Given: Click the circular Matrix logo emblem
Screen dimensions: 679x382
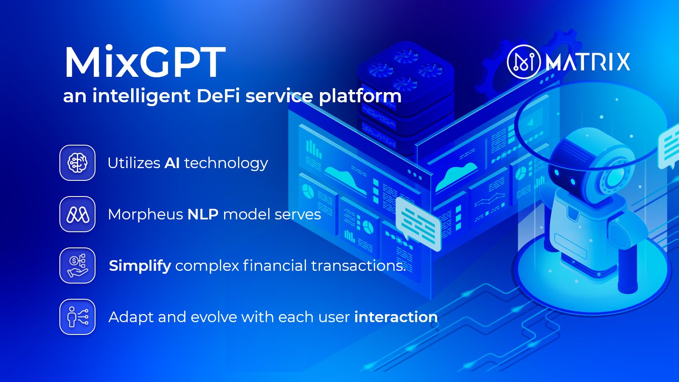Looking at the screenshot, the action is point(524,62).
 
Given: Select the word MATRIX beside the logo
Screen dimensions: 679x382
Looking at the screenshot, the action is point(588,62).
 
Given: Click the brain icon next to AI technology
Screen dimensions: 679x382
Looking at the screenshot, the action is point(77,163).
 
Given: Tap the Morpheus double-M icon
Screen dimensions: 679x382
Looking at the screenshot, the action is point(77,214).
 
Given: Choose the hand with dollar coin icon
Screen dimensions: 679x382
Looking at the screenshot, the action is point(77,266).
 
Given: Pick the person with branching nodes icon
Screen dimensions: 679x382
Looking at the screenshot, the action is point(77,317).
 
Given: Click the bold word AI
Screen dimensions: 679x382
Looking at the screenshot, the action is point(172,163).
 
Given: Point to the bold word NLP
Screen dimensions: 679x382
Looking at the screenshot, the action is point(203,214).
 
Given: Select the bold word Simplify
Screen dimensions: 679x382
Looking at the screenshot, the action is point(140,266).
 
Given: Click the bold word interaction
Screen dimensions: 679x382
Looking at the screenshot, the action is point(396,317).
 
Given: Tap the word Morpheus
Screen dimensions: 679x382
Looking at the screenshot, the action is point(146,215).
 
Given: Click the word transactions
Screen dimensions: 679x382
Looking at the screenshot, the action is point(358,266).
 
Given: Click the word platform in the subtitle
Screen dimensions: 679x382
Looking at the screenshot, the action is point(360,96).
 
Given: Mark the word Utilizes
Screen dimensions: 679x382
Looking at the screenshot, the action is point(134,163).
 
